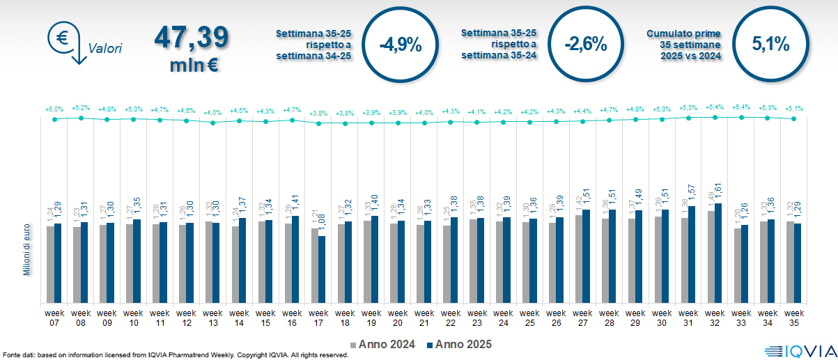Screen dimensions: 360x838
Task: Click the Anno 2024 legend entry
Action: [386, 344]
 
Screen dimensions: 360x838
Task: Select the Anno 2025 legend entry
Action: [460, 344]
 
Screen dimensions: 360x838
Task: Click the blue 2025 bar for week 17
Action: [322, 269]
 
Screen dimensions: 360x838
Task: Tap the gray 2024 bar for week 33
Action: [737, 265]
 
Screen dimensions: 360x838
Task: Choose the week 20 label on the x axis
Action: [398, 318]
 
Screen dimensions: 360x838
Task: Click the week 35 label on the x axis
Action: [793, 318]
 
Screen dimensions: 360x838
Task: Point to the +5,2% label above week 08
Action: [81, 109]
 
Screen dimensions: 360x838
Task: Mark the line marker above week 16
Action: [292, 120]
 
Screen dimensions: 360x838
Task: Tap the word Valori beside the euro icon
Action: [105, 49]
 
